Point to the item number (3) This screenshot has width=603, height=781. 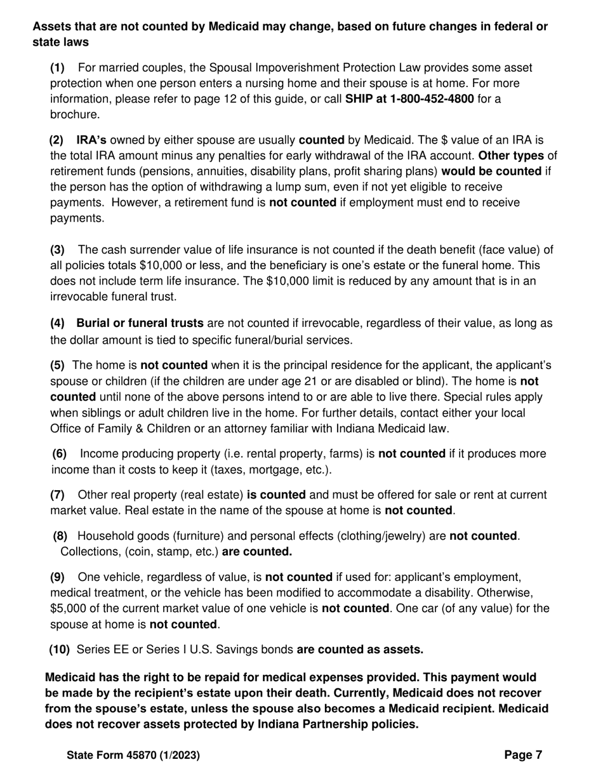57,250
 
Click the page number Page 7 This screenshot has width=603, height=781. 523,755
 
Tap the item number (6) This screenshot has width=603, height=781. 59,454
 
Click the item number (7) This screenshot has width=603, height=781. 57,495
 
